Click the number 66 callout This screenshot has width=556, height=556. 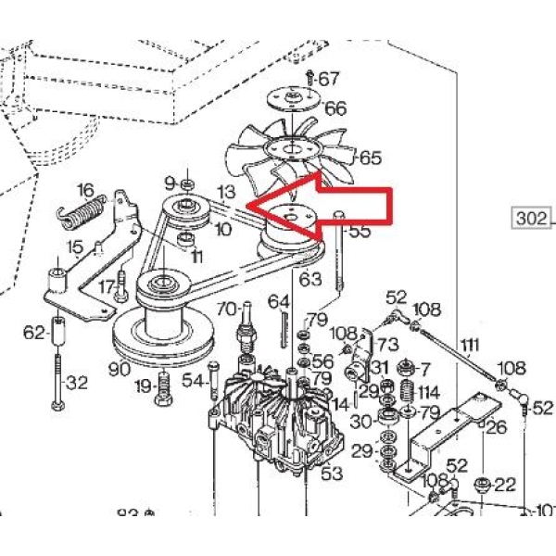pyautogui.click(x=335, y=109)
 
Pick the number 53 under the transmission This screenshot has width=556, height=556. pyautogui.click(x=331, y=474)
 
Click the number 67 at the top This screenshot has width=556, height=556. pyautogui.click(x=329, y=80)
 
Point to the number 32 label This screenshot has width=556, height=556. pyautogui.click(x=78, y=381)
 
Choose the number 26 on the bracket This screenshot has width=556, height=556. pyautogui.click(x=496, y=427)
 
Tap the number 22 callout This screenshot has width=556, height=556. pyautogui.click(x=505, y=484)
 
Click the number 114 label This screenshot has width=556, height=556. pyautogui.click(x=428, y=392)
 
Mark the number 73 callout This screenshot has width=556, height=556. pyautogui.click(x=387, y=345)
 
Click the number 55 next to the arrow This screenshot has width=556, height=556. pyautogui.click(x=359, y=231)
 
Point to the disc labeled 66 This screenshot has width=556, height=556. pyautogui.click(x=294, y=98)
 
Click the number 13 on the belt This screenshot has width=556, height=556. pyautogui.click(x=226, y=193)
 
